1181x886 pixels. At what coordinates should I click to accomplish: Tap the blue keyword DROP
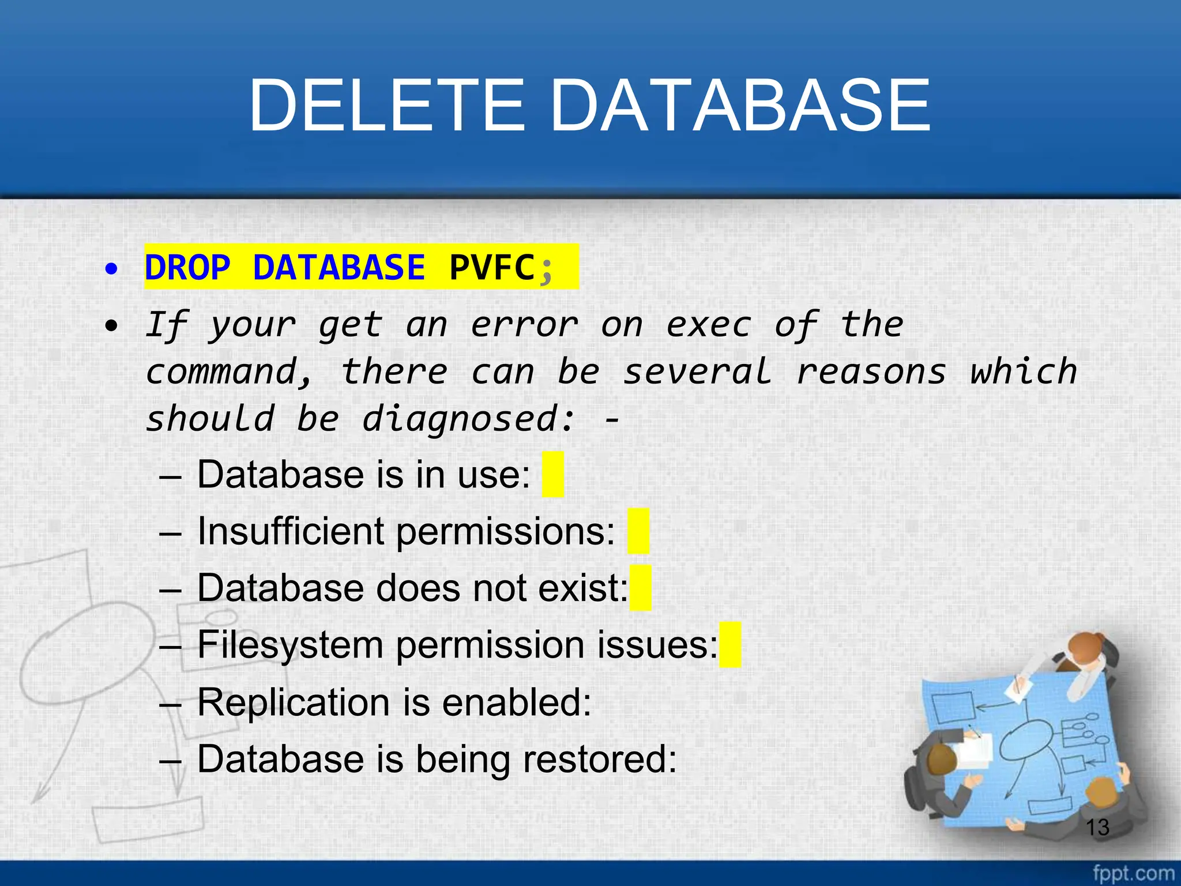click(x=187, y=268)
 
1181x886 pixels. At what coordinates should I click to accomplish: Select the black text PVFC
click(x=492, y=268)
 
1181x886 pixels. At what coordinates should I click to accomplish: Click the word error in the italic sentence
click(x=524, y=325)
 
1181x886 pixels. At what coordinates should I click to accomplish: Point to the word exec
click(x=709, y=325)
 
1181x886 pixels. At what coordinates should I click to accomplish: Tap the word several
click(x=697, y=372)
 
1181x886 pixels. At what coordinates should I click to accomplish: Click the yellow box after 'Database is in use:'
click(x=553, y=475)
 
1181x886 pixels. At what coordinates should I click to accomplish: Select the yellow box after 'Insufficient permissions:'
click(x=638, y=531)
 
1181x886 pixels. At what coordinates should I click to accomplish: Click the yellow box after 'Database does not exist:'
click(x=641, y=588)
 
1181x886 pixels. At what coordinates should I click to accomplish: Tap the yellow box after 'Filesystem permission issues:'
click(x=730, y=644)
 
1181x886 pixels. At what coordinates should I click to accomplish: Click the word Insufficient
click(x=291, y=531)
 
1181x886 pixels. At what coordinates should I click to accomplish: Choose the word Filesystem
click(x=290, y=644)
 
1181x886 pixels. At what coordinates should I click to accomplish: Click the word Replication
click(x=294, y=702)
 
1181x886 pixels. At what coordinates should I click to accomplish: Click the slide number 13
click(x=1097, y=827)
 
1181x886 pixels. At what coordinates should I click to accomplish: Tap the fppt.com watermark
click(x=1133, y=873)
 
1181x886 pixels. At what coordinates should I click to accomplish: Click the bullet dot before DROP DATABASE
click(x=111, y=268)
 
